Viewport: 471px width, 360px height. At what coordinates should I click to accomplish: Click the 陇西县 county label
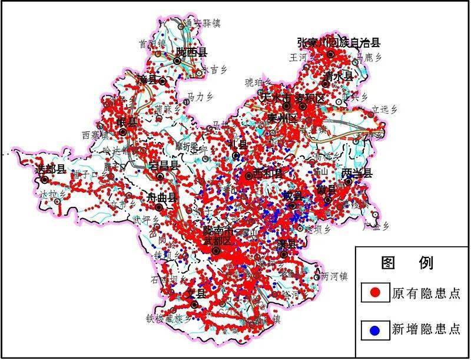click(x=191, y=52)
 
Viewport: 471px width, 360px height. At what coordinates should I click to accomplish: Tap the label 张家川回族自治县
click(x=339, y=42)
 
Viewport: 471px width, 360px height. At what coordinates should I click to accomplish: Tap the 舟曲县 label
click(x=161, y=198)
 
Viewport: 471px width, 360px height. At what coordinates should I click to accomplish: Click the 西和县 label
click(x=268, y=174)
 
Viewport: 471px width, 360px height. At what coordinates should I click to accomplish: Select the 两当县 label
click(x=357, y=173)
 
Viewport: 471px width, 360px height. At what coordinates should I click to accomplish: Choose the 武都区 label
click(x=218, y=241)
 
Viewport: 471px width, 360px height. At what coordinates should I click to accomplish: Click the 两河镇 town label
click(x=336, y=276)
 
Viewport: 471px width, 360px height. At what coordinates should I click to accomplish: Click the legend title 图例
click(x=407, y=263)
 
